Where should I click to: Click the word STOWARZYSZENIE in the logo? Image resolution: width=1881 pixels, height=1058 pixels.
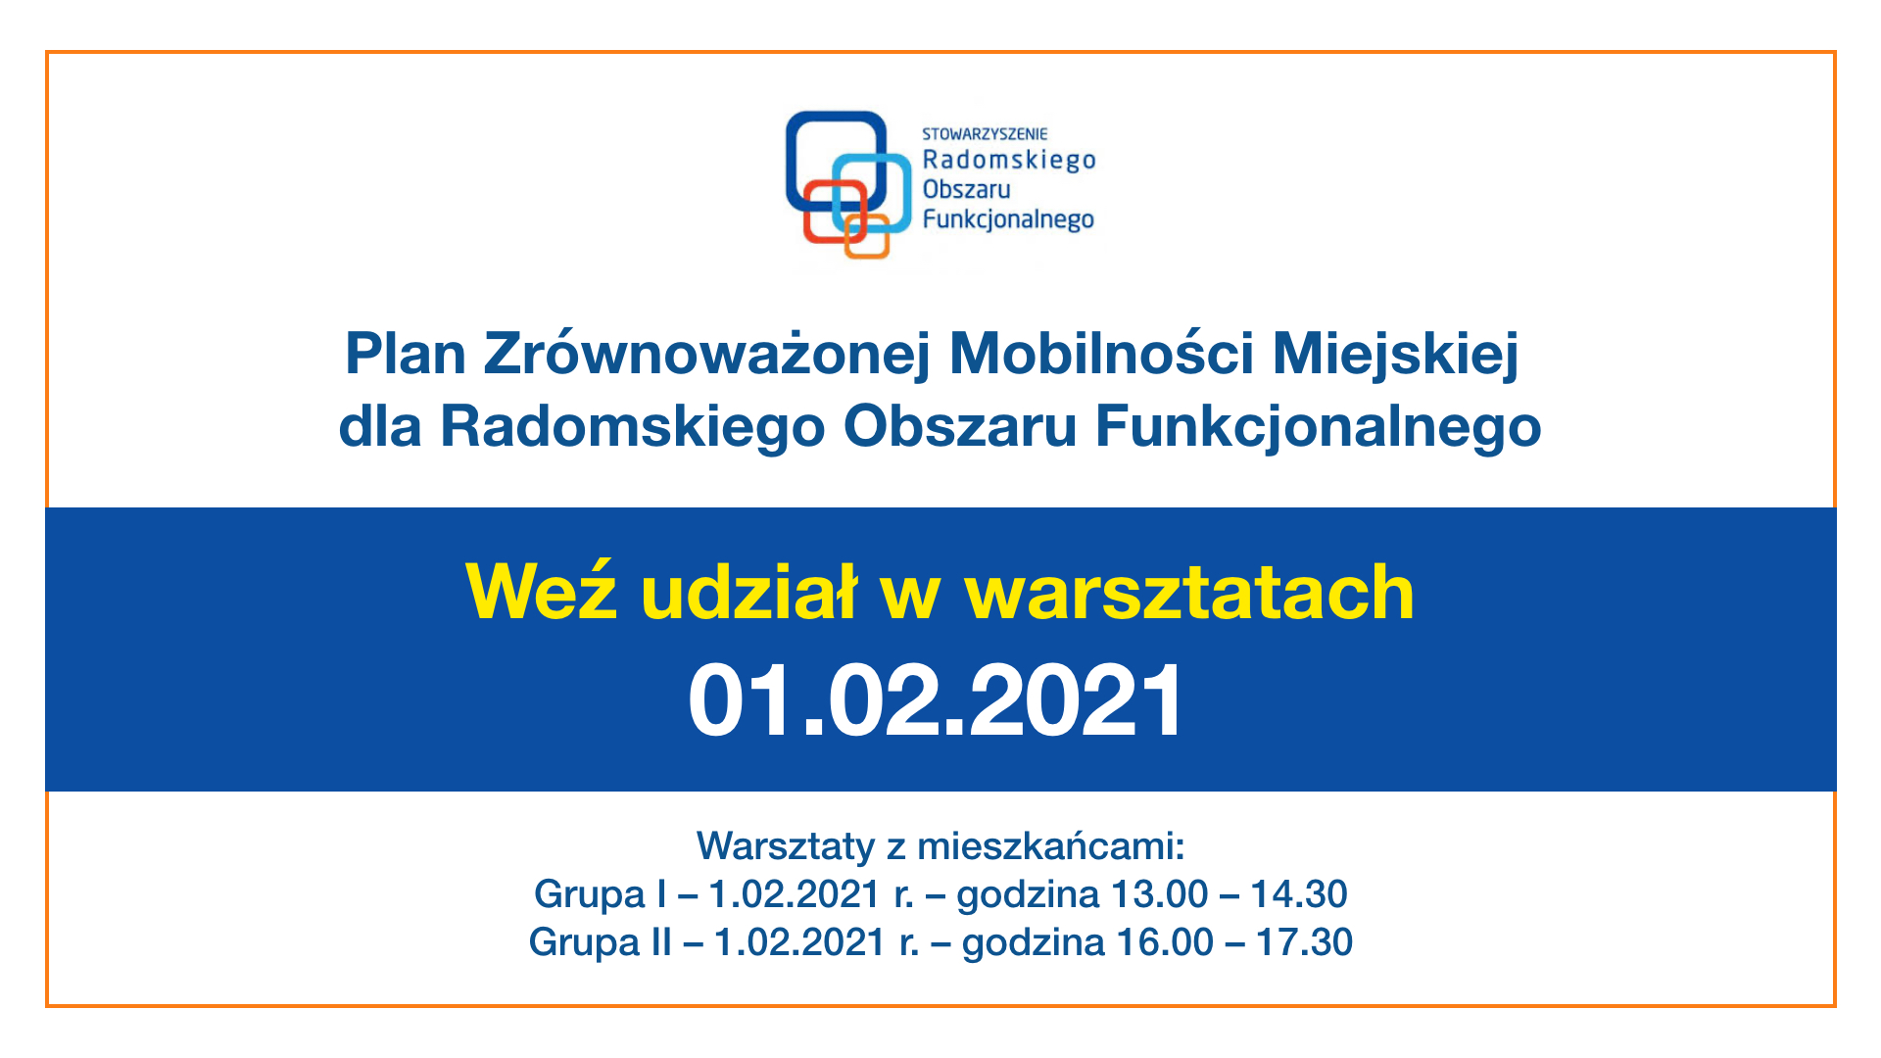coord(985,133)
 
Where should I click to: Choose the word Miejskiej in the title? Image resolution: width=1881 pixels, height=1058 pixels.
coord(1396,354)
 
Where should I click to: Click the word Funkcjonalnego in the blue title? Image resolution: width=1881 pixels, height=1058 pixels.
coord(1319,428)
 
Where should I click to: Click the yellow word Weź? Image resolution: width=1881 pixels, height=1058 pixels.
coord(542,591)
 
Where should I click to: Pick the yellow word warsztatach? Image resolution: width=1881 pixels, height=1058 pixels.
coord(1189,593)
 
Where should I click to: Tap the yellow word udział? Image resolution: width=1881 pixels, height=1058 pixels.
coord(749,593)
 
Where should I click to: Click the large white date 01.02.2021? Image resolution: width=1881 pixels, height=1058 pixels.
coord(937,700)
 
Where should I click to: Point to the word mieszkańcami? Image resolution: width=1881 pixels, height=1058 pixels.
coord(1051,845)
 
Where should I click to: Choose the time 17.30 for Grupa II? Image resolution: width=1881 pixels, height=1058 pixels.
coord(1304,942)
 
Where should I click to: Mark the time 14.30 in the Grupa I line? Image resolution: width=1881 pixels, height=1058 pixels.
coord(1299,894)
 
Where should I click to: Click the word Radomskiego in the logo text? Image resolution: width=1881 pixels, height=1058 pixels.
coord(1009,160)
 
